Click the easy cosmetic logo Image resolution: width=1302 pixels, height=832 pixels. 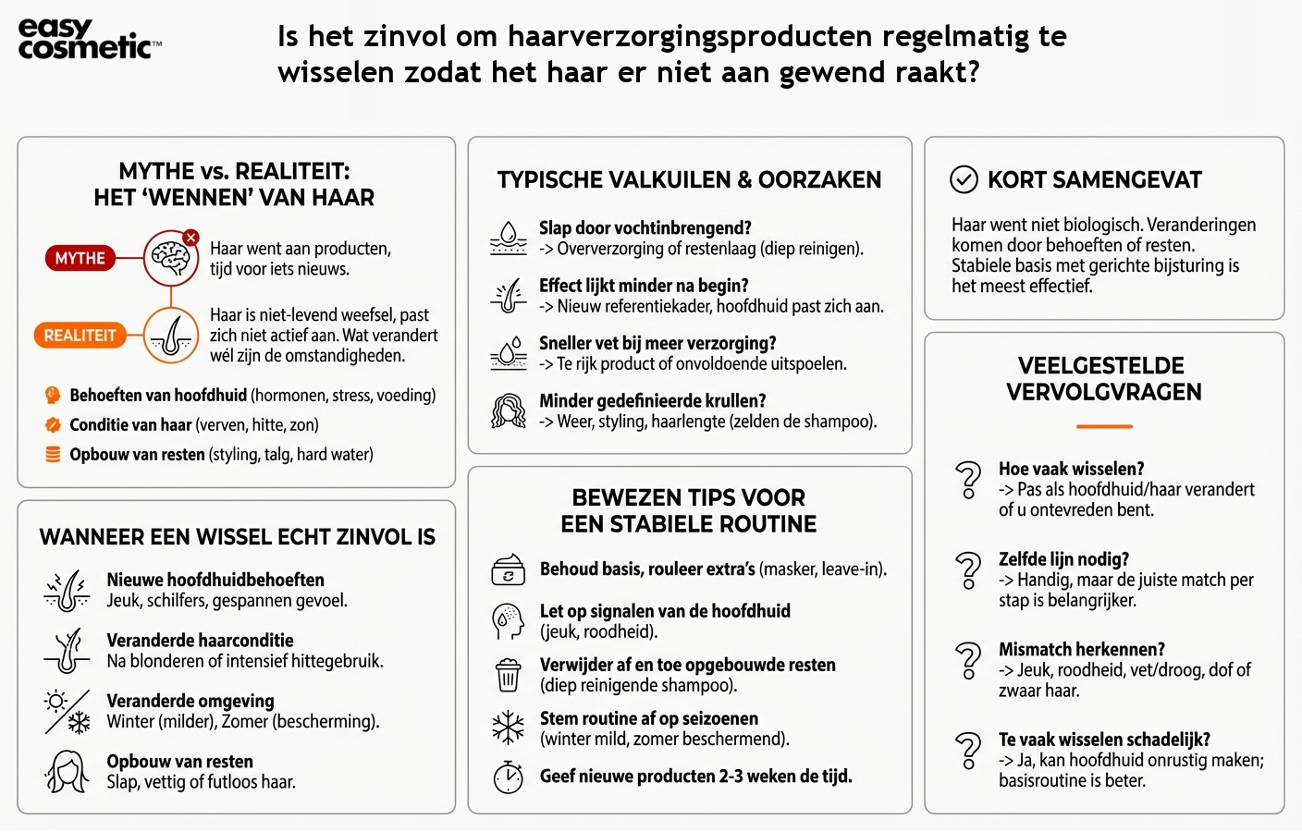pos(89,40)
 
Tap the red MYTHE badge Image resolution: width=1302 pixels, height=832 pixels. pos(80,258)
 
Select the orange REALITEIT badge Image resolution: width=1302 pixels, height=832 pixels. pos(80,336)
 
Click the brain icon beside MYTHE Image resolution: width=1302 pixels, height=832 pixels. pos(171,258)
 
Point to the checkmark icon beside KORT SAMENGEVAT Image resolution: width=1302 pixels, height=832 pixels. pos(964,179)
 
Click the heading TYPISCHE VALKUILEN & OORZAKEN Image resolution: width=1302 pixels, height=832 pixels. pos(689,180)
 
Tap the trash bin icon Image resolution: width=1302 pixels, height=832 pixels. pos(508,675)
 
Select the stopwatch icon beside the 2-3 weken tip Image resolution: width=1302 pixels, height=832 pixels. pos(508,777)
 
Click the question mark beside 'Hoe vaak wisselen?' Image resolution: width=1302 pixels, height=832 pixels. pos(968,479)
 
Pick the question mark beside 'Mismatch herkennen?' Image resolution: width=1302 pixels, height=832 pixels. pos(968,660)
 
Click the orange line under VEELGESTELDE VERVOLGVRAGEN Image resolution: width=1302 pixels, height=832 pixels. pos(1104,426)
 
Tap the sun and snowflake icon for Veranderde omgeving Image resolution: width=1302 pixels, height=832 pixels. pos(68,712)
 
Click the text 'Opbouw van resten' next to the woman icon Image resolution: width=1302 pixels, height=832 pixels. pos(179,762)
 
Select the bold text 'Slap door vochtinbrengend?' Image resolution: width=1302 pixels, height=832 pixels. pos(645,228)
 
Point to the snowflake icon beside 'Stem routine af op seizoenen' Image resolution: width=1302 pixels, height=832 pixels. pos(508,728)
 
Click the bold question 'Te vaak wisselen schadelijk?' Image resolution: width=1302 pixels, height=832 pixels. pos(1104,740)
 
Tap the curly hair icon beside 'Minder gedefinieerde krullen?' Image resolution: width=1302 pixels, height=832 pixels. pos(508,411)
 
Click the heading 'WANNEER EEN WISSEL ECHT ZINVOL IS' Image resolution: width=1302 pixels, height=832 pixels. pos(237,537)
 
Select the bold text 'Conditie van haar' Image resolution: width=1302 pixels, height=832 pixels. pos(130,425)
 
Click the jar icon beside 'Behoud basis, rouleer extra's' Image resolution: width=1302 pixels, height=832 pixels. pos(508,570)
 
